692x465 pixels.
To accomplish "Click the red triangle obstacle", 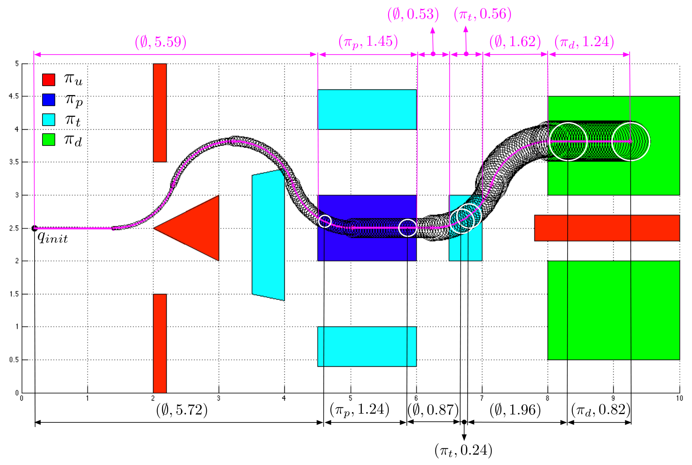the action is pyautogui.click(x=197, y=228).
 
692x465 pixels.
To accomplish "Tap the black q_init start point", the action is pyautogui.click(x=35, y=228).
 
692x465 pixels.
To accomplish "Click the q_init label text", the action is pyautogui.click(x=52, y=238).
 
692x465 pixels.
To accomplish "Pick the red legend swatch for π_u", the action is pyautogui.click(x=49, y=80).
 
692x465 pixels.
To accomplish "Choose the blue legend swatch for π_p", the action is pyautogui.click(x=49, y=100).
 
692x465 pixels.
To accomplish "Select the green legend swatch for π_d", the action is pyautogui.click(x=49, y=140).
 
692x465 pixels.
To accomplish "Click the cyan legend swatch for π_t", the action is pyautogui.click(x=49, y=120).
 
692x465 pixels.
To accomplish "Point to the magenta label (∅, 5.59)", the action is pyautogui.click(x=161, y=42).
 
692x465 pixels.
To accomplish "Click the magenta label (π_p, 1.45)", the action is pyautogui.click(x=368, y=41).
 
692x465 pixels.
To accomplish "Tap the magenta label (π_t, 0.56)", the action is pyautogui.click(x=482, y=14).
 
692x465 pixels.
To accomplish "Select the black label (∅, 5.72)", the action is pyautogui.click(x=182, y=410).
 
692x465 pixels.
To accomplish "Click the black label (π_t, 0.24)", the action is pyautogui.click(x=463, y=451).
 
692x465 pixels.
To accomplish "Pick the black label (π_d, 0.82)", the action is pyautogui.click(x=601, y=410).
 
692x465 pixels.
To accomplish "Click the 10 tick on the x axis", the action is pyautogui.click(x=679, y=398).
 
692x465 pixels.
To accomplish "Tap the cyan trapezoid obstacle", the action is pyautogui.click(x=268, y=235).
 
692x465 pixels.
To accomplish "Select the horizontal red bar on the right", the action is pyautogui.click(x=607, y=228).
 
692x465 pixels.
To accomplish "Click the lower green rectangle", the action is pyautogui.click(x=614, y=310).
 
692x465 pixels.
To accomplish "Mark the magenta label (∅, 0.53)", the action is pyautogui.click(x=413, y=14).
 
